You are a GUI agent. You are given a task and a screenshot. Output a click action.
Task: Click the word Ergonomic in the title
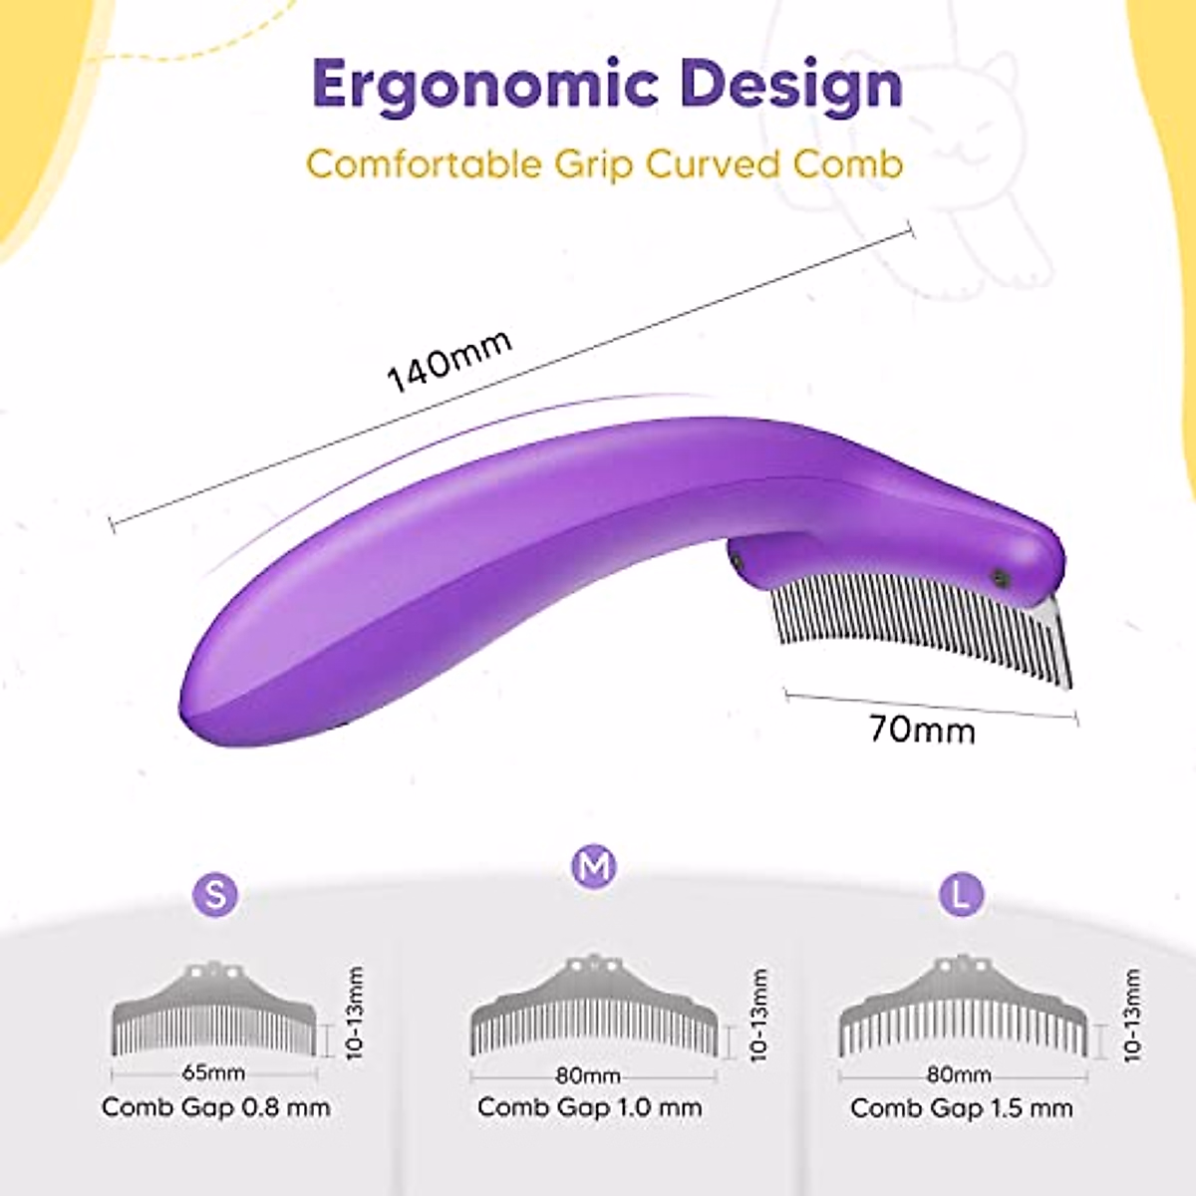tap(482, 86)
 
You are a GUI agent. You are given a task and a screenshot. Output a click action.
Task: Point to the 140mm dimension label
tap(448, 360)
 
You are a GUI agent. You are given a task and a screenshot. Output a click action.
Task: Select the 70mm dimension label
tap(922, 730)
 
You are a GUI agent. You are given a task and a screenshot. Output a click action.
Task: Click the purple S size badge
tap(215, 893)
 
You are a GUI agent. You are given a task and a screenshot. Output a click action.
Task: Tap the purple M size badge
tap(594, 867)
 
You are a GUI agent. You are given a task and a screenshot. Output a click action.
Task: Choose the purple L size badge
tap(961, 893)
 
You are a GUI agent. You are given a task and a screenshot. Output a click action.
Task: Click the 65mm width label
tap(213, 1073)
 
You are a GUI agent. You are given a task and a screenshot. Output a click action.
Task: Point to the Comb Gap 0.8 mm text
tap(215, 1107)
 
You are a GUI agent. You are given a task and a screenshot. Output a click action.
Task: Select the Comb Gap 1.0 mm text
tap(590, 1107)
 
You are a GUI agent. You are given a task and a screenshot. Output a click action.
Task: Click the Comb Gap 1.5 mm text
tap(962, 1108)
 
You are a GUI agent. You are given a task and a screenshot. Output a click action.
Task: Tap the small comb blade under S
tap(214, 1012)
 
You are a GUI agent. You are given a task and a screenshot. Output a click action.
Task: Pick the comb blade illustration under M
tap(595, 1009)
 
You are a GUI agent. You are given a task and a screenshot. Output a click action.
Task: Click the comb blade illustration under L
tap(961, 1009)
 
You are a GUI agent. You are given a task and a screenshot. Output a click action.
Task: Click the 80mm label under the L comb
tap(958, 1074)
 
